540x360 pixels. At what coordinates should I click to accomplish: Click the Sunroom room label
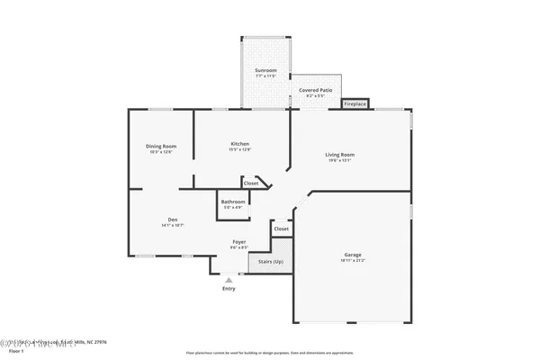(265, 70)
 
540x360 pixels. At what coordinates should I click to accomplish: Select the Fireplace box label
(355, 104)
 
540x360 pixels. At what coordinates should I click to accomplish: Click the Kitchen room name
(239, 144)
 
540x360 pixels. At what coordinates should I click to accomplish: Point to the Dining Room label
(161, 146)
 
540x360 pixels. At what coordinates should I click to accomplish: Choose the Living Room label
(340, 155)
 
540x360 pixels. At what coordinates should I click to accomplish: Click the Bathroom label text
(233, 202)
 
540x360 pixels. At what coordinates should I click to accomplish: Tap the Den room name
(172, 220)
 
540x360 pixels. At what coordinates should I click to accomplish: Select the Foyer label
(239, 241)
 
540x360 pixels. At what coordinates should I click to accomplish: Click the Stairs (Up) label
(271, 261)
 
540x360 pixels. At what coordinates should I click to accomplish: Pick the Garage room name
(353, 255)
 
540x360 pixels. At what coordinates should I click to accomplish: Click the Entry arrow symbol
(229, 280)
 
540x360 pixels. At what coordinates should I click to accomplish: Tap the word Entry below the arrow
(229, 289)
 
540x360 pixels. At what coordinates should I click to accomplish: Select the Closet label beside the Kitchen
(251, 184)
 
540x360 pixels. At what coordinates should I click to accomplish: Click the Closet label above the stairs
(282, 229)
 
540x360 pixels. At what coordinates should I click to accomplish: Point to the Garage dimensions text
(353, 261)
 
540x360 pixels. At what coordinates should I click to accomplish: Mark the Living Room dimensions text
(340, 161)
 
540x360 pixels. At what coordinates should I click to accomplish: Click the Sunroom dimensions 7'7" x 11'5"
(265, 76)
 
